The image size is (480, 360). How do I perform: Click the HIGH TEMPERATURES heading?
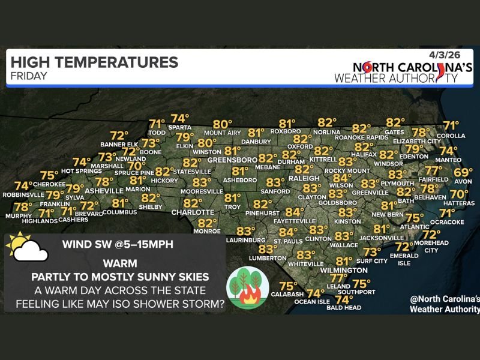(x=94, y=62)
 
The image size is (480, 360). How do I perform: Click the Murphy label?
(x=18, y=215)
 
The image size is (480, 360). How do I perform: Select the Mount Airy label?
(x=222, y=133)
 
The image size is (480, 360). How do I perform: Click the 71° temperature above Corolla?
(x=451, y=126)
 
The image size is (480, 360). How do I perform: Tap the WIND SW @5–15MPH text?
(x=115, y=244)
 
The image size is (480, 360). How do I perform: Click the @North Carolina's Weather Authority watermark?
(x=444, y=304)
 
